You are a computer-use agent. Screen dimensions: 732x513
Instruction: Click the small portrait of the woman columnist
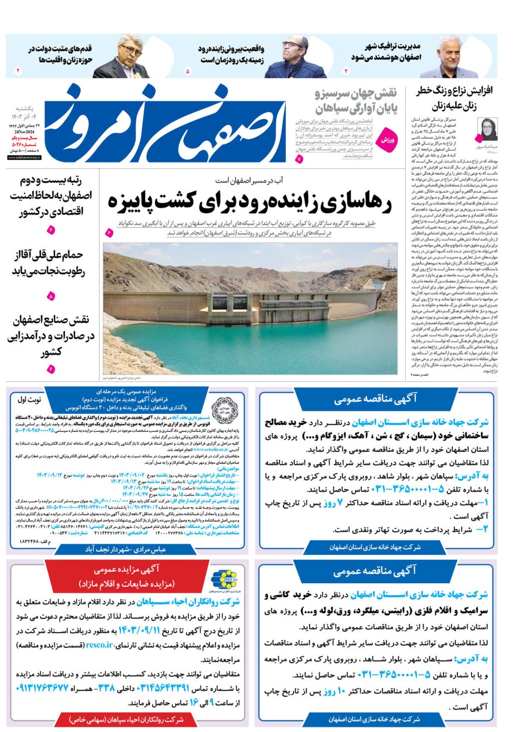point(486,130)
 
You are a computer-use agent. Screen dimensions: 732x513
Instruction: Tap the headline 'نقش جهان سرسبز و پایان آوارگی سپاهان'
point(356,100)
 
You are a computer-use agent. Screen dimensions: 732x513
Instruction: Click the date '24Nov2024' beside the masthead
point(25,132)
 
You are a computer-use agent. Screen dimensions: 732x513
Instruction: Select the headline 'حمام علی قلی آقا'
point(49,264)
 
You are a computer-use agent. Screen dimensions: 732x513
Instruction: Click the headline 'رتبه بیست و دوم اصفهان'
point(50,196)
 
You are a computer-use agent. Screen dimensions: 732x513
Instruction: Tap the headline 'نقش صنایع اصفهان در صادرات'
point(50,336)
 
